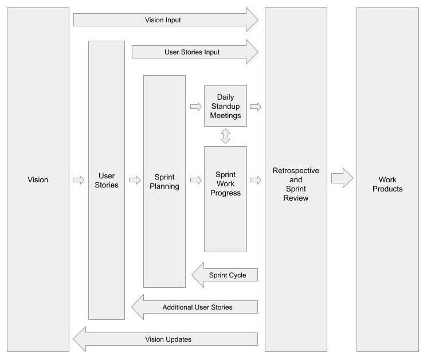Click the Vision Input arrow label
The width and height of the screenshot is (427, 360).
[x=163, y=20]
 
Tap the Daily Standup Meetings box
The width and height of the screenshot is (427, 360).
[x=225, y=107]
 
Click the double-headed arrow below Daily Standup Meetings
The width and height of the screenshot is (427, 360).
[x=225, y=136]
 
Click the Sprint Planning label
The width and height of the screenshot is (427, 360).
[x=164, y=181]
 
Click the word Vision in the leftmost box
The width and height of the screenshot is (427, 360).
[x=38, y=180]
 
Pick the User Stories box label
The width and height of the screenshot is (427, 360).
[x=107, y=180]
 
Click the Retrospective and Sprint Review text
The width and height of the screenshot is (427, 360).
[x=296, y=185]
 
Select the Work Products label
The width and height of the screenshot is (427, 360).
[x=387, y=185]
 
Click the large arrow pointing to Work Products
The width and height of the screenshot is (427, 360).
[x=342, y=178]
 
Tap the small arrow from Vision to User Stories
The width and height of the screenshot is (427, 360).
[x=79, y=181]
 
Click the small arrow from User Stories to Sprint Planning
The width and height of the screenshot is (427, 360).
[x=135, y=181]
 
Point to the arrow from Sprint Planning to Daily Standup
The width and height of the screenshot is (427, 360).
[x=195, y=107]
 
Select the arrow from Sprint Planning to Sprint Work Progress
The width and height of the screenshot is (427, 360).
[x=195, y=181]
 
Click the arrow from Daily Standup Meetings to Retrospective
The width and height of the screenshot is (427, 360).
[x=256, y=107]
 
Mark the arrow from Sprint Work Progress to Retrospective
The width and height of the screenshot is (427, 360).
[x=256, y=181]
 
